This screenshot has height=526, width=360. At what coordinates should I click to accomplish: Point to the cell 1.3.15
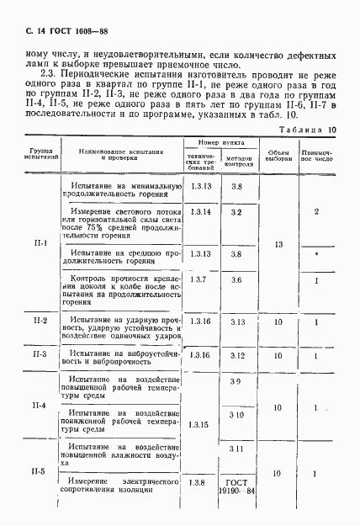pyautogui.click(x=199, y=426)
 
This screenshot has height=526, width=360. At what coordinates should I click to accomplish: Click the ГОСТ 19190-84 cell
pyautogui.click(x=236, y=487)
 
